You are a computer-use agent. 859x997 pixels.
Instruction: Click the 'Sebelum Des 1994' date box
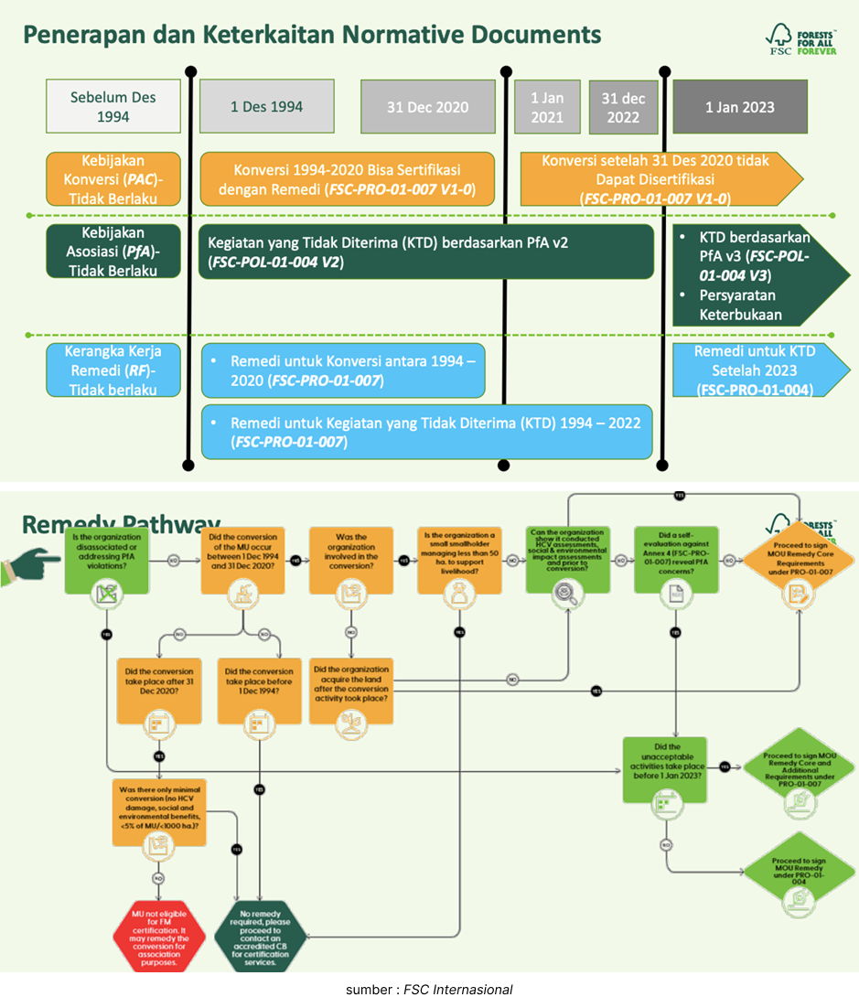(x=113, y=106)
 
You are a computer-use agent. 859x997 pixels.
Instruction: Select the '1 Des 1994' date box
(x=266, y=106)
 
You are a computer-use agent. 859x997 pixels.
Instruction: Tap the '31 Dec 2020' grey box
(x=427, y=106)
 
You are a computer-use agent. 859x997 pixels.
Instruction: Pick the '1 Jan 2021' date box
(x=547, y=106)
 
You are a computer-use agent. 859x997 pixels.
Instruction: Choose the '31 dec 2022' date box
(x=623, y=106)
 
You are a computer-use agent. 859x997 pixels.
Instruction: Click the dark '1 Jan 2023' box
(x=739, y=106)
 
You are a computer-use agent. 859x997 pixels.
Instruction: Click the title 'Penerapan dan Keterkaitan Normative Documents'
(x=311, y=35)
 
